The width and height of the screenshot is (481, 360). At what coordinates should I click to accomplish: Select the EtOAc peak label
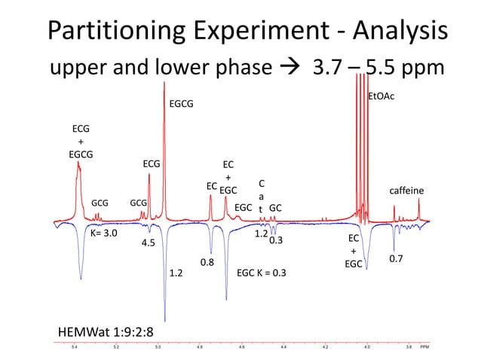coord(380,96)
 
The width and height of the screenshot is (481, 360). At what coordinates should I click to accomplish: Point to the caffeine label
coord(406,191)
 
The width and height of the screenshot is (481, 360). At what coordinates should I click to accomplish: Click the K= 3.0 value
coord(104,233)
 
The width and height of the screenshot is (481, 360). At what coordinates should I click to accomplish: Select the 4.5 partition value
coord(149,243)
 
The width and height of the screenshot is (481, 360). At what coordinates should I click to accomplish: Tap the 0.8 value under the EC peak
coord(207,262)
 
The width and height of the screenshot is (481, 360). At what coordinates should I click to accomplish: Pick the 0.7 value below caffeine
coord(395,258)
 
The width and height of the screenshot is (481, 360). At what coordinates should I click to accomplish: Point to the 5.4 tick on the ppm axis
coord(74,348)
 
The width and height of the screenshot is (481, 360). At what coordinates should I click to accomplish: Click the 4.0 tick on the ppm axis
coord(366,348)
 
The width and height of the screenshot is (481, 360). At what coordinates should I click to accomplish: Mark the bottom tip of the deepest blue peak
coord(165,319)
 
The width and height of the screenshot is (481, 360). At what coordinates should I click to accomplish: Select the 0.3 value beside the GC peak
coord(276,241)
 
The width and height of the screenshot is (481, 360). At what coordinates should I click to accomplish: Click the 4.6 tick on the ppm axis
coord(241,348)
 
